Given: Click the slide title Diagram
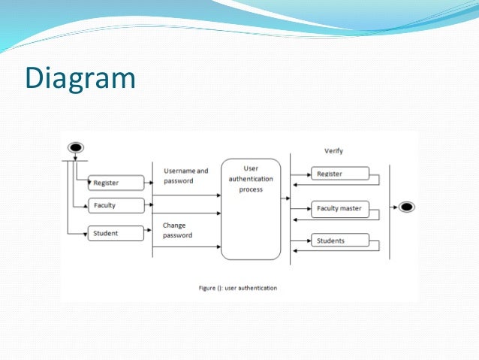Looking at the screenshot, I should coord(80,78).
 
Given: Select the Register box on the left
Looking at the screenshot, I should coord(116,183).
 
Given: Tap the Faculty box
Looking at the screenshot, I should coord(116,206).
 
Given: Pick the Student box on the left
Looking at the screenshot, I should coord(116,234).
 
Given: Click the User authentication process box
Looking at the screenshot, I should coord(251,208).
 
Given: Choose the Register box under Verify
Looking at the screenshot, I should coord(340,174).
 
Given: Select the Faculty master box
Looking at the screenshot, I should coord(340,208).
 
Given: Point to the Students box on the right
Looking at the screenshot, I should coord(340,241).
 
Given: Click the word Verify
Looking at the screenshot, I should coord(333,151).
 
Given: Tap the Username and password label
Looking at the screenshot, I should coord(185,176).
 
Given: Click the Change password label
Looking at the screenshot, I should coord(177,230).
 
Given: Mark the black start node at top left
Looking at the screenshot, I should coord(75,147).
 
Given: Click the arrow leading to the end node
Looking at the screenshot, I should coord(395,207).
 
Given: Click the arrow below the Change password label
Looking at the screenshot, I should coord(186,246).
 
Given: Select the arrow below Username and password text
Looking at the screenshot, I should coord(186,195).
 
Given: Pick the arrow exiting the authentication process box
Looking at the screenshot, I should coord(285,199).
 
